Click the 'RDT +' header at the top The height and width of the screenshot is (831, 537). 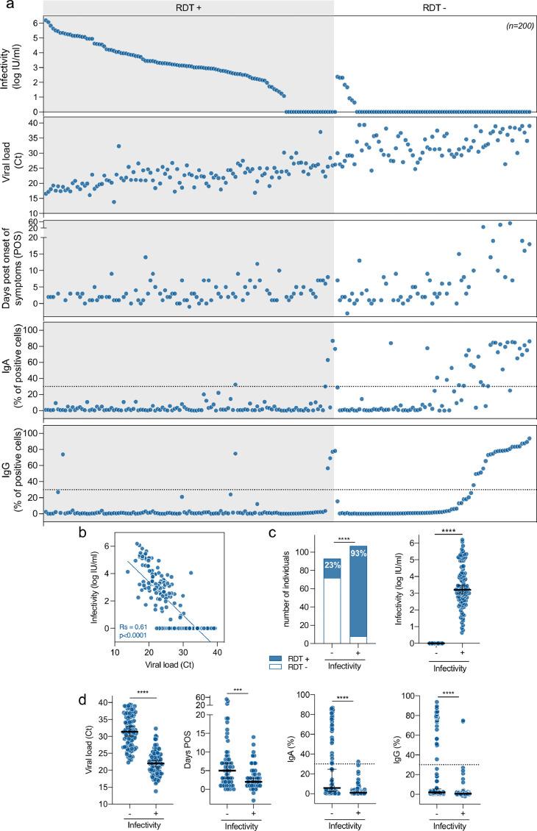188,7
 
